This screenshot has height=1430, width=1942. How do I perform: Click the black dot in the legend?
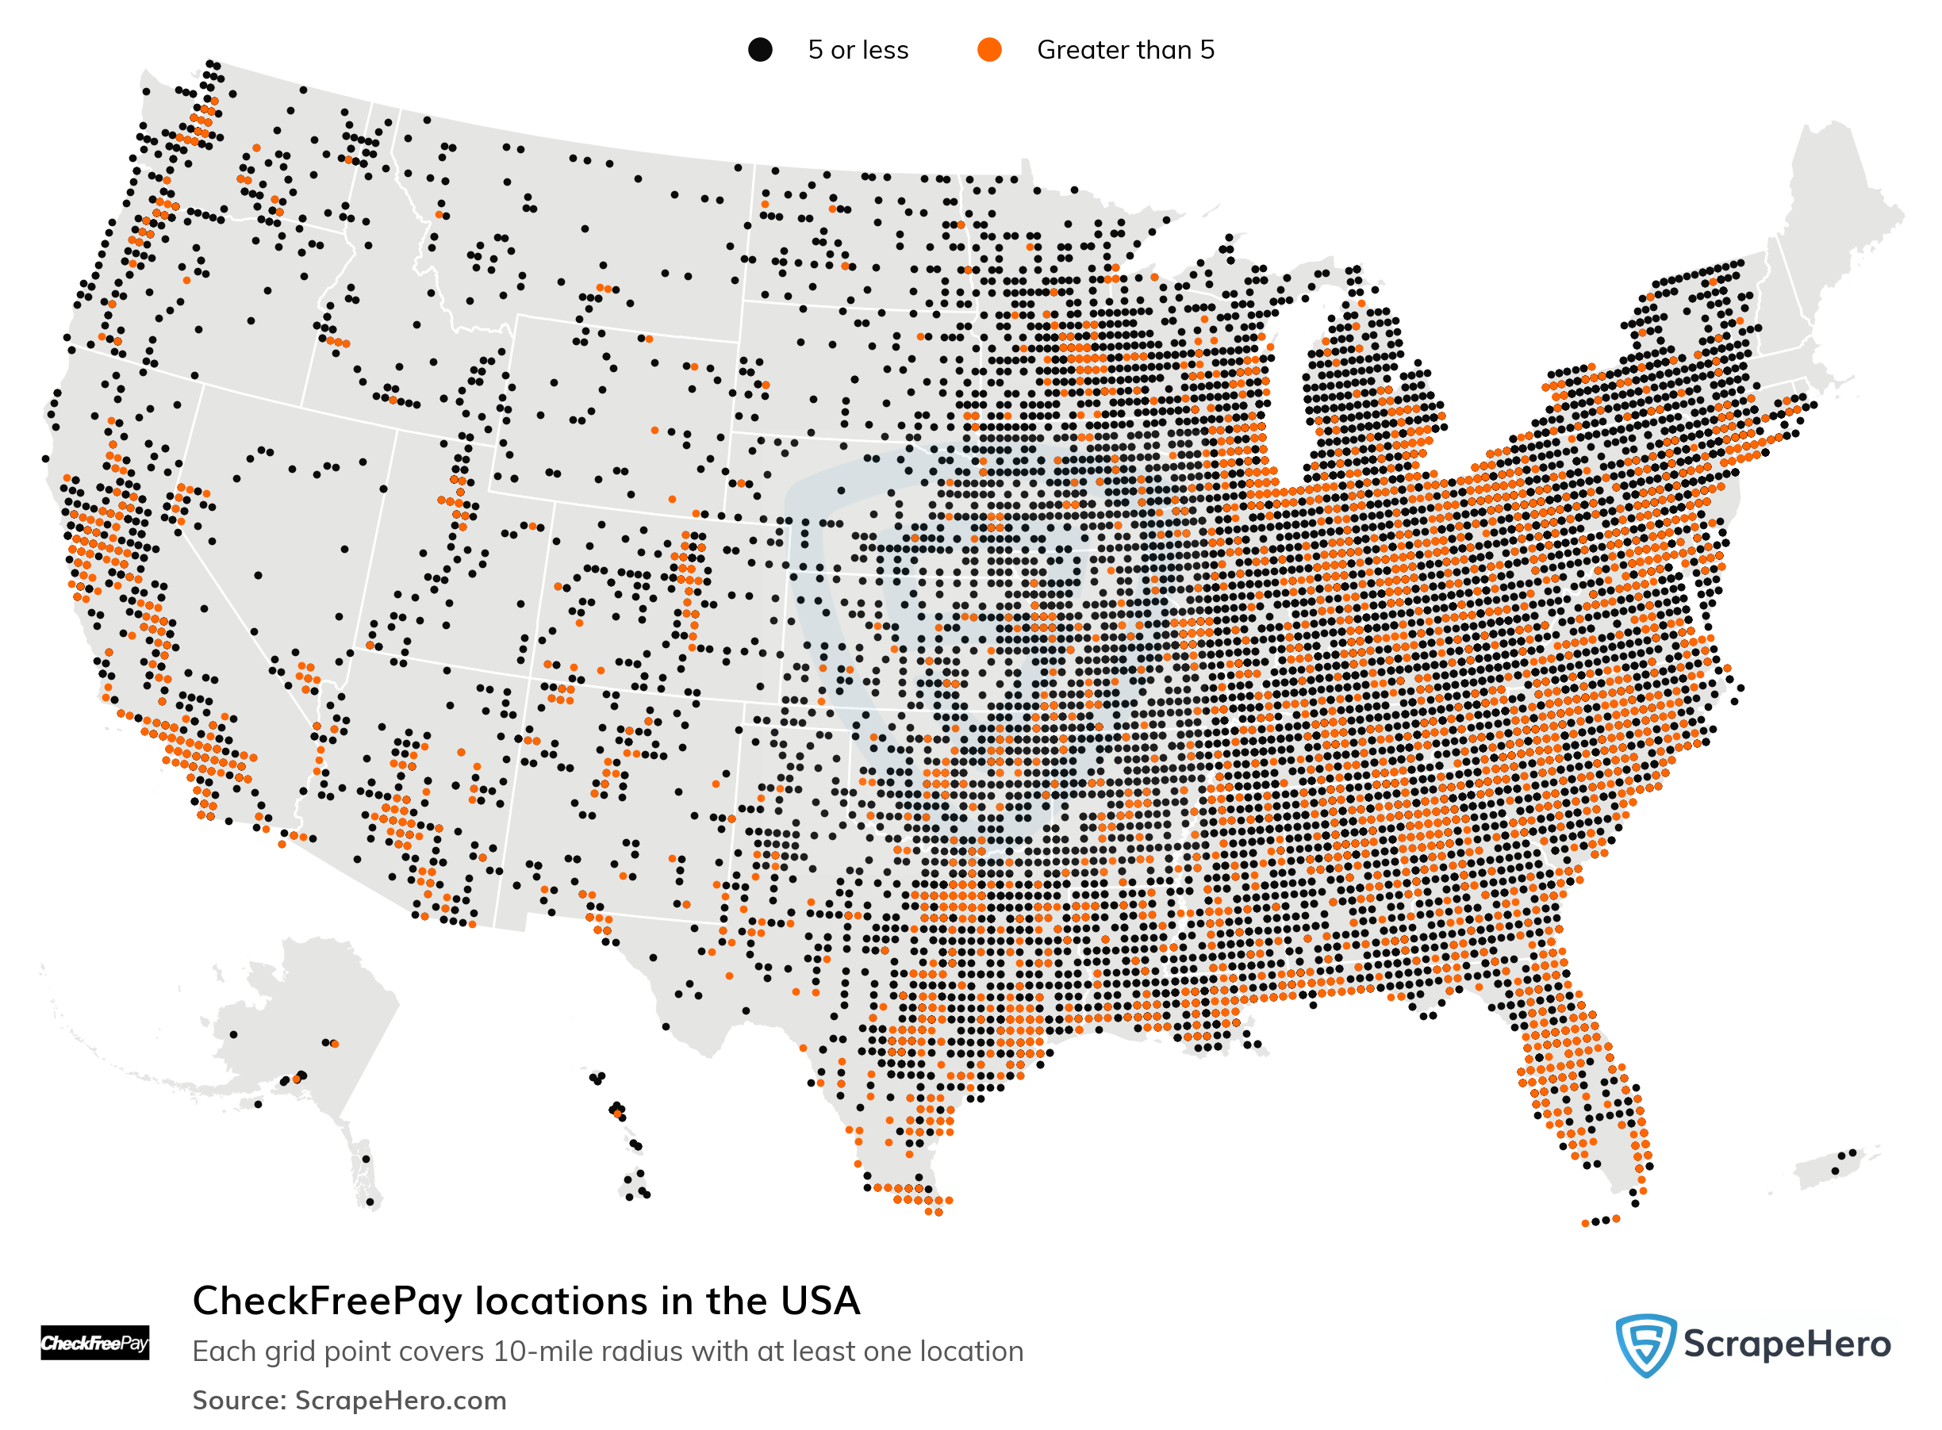[x=759, y=50]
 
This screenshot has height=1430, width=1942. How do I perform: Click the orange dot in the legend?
[x=988, y=50]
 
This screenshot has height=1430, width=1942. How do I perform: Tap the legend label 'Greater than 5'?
[x=1125, y=50]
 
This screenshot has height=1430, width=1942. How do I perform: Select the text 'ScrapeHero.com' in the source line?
[x=400, y=1401]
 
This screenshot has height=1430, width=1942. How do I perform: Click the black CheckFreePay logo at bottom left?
[x=94, y=1343]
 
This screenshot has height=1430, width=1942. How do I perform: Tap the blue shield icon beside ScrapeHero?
[x=1645, y=1344]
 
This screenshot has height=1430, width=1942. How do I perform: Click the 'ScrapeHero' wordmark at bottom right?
[x=1787, y=1344]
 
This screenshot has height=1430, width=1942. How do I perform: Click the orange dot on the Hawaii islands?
[x=617, y=1114]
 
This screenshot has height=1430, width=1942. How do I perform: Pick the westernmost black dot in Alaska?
[x=234, y=1034]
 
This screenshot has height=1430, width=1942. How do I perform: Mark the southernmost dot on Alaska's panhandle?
[x=370, y=1202]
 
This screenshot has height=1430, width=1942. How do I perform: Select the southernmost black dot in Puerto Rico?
[x=1835, y=1171]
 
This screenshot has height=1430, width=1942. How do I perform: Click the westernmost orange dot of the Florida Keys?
[x=1585, y=1223]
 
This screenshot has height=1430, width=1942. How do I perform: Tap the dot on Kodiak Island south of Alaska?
[x=258, y=1105]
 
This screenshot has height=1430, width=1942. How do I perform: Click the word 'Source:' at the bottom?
[x=239, y=1401]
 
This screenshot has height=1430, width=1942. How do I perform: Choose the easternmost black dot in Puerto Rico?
[x=1853, y=1152]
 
